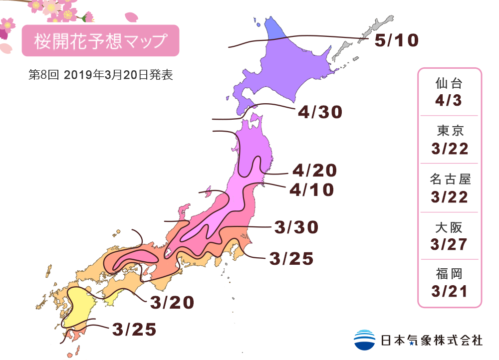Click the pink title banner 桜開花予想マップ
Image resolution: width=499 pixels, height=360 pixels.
tap(100, 41)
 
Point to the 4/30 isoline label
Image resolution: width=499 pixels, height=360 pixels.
tap(320, 112)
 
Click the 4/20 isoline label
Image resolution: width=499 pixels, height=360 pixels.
tap(314, 171)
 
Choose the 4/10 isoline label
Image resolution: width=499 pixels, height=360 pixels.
tap(311, 189)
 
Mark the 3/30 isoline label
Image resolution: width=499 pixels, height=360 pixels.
tap(296, 227)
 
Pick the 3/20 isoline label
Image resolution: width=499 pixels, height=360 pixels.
tap(172, 302)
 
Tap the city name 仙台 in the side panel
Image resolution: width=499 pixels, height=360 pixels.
tap(449, 83)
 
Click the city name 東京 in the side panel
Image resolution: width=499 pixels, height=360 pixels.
tap(449, 131)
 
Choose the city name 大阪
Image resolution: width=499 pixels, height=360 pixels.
tap(449, 227)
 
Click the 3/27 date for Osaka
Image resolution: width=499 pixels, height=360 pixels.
tap(449, 244)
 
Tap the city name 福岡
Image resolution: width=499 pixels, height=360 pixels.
tap(449, 274)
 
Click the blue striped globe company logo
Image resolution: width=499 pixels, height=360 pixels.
tap(364, 340)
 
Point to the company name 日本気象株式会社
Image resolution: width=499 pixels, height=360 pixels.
tap(432, 340)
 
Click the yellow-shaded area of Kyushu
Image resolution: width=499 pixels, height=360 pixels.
tap(80, 304)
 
